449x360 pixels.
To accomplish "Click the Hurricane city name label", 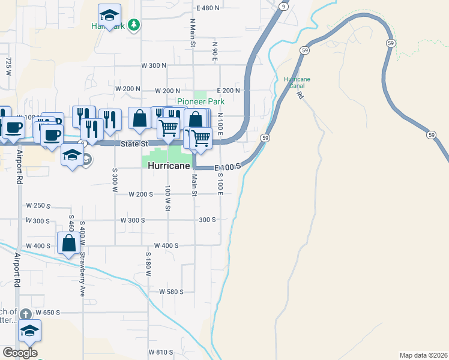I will pos(169,166).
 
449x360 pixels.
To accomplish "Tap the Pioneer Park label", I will pos(200,102).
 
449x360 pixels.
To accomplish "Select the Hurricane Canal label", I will pos(297,82).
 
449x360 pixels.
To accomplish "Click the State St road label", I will pos(135,145).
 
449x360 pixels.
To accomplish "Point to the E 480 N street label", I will pos(208,8).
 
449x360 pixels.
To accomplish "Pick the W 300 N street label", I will pos(153,65).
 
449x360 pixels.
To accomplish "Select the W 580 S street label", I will pos(170,292).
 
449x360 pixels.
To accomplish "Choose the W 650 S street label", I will pos(48,313).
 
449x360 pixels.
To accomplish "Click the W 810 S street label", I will pos(161,352).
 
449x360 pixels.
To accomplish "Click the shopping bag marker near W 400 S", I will pos(68,244).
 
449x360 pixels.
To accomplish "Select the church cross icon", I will pos(25,314).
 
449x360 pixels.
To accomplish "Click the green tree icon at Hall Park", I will pos(136,25).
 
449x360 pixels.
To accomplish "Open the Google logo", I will pos(20,353).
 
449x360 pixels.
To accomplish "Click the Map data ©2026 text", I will pos(424,355).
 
